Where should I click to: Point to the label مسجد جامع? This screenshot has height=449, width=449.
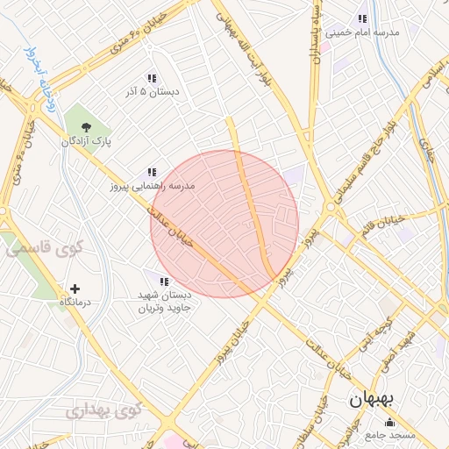(x=389, y=436)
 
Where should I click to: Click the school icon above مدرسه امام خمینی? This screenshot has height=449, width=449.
(x=362, y=19)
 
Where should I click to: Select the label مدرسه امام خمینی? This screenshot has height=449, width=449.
(x=362, y=32)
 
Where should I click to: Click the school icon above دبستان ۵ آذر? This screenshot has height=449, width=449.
(x=153, y=77)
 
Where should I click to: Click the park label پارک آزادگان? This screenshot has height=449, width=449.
(x=84, y=140)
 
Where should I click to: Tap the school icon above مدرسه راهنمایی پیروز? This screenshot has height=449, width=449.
(x=152, y=173)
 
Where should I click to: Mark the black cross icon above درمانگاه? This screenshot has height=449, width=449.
(x=75, y=289)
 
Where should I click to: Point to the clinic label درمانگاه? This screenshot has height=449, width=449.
(x=75, y=302)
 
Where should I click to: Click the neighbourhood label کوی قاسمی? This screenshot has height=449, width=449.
(x=44, y=249)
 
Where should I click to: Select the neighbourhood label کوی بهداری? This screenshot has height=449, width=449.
(x=103, y=410)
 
